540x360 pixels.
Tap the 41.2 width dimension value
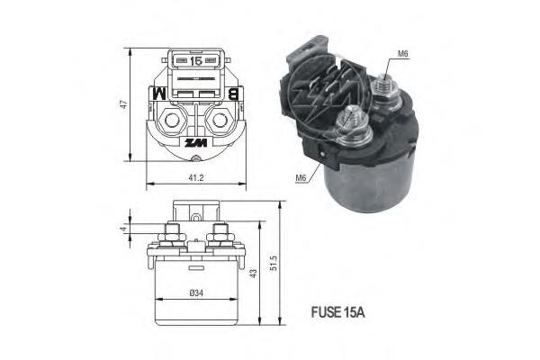tap(196, 178)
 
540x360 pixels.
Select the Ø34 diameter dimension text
tap(196, 293)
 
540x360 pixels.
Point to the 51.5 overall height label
tap(274, 263)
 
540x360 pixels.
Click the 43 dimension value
tap(253, 274)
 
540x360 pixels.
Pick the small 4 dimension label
tap(123, 229)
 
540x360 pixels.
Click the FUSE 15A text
tap(337, 312)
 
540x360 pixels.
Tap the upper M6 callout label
tap(403, 54)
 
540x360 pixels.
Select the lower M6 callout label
tap(301, 178)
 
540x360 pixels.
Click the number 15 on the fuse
tap(196, 61)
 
